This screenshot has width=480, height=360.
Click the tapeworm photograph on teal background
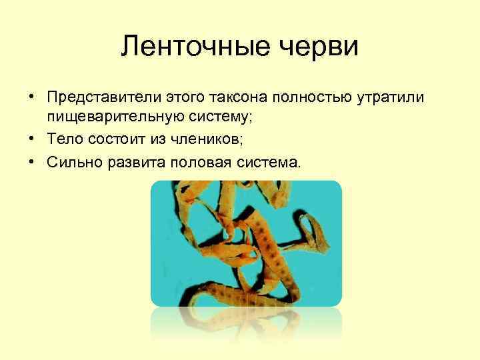coord(246,243)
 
